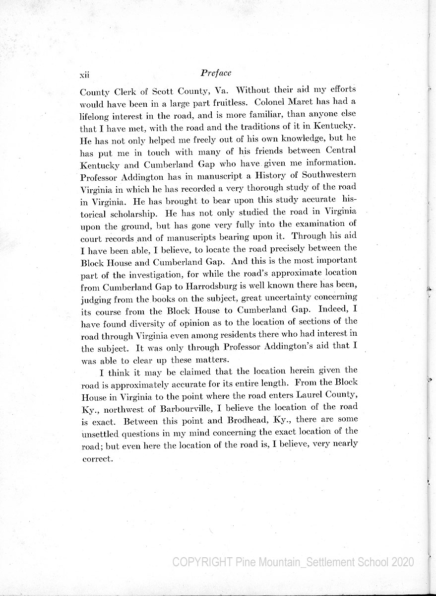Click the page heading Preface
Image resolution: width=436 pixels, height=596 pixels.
(216, 73)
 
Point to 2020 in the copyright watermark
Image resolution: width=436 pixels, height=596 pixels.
(402, 562)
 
